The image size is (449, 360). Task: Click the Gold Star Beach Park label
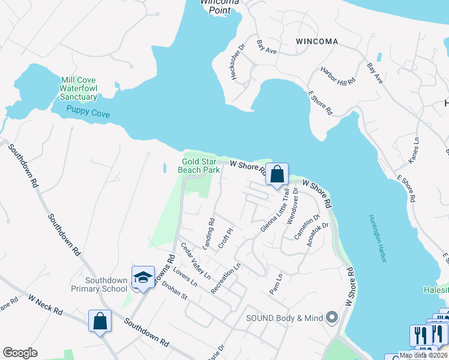(199, 166)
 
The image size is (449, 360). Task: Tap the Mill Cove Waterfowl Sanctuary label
(78, 88)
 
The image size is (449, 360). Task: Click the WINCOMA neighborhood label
(317, 41)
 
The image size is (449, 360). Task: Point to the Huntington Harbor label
(378, 238)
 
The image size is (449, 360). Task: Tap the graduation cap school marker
(143, 278)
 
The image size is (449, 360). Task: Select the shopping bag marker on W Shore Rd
(277, 175)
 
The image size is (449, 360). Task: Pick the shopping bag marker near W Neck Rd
(100, 321)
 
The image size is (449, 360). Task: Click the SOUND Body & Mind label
(284, 317)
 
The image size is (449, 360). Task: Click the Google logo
(20, 353)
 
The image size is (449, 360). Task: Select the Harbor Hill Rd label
(338, 76)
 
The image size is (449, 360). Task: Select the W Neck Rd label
(46, 304)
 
